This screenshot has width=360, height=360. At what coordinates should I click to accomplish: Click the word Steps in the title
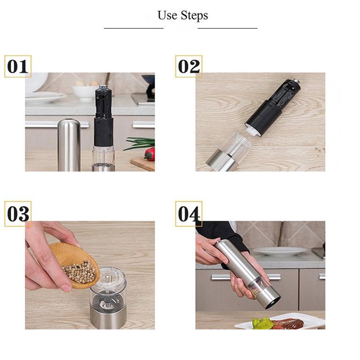[x=194, y=16]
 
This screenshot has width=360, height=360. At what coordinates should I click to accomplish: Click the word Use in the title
[x=167, y=15]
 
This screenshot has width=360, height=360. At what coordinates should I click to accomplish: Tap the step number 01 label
[x=18, y=66]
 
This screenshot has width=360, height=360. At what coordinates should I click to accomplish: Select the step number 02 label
[x=189, y=66]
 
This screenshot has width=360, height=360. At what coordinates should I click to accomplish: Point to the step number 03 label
[x=18, y=214]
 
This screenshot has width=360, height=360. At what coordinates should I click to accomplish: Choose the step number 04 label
[x=189, y=214]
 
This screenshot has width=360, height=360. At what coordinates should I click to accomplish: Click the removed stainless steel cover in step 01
[x=69, y=145]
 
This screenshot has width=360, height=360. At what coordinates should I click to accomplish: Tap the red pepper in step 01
[x=150, y=153]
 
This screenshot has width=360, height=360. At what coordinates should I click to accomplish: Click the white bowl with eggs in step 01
[x=85, y=91]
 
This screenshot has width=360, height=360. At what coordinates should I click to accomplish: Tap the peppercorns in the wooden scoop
[x=80, y=271]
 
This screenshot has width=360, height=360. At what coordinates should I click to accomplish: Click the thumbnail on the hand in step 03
[x=67, y=288]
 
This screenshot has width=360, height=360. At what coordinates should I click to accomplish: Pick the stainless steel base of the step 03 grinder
[x=108, y=317]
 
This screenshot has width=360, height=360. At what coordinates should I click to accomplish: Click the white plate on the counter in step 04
[x=279, y=252]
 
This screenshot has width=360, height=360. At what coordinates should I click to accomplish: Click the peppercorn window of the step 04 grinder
[x=258, y=288]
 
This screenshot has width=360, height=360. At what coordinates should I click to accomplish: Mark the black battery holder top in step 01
[x=103, y=102]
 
